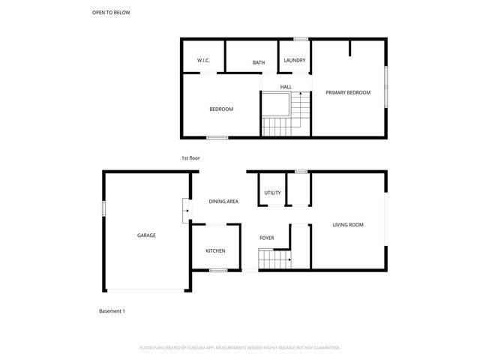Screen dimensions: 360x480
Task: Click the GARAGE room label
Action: [146, 235]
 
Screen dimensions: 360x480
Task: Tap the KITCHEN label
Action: [216, 251]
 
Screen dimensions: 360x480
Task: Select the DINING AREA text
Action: [223, 202]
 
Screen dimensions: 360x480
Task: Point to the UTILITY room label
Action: [272, 193]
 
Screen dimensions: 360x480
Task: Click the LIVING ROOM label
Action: [348, 225]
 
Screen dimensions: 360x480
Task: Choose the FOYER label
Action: [266, 238]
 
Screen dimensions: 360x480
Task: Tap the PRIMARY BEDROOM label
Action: [348, 92]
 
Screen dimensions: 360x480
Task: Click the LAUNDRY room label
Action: [294, 60]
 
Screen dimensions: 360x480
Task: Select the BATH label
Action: [259, 63]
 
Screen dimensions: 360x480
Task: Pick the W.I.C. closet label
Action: [203, 60]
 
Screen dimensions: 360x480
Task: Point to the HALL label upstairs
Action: [286, 87]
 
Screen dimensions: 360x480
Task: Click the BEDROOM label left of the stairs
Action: [220, 109]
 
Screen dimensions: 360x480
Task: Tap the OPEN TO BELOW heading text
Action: [110, 13]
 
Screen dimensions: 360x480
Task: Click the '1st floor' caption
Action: [190, 158]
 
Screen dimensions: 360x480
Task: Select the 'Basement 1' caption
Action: [112, 310]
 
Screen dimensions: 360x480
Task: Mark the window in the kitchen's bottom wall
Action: [218, 270]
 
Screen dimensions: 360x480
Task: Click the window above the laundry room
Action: [301, 38]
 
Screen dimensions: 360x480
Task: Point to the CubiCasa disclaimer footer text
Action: [240, 347]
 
